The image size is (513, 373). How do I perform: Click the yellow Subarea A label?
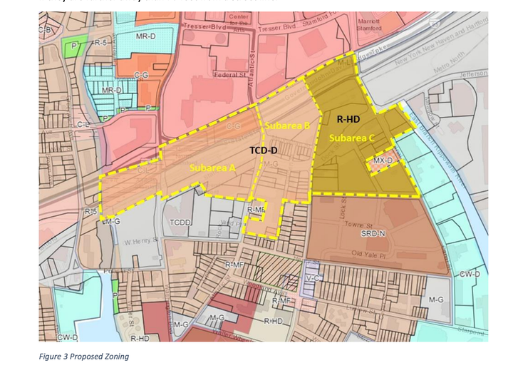(x=212, y=166)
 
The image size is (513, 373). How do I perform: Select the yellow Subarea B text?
(x=287, y=126)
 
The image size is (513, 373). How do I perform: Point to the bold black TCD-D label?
(x=263, y=151)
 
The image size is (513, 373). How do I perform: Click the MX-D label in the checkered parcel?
(x=383, y=161)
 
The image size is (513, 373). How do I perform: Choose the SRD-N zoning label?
(x=373, y=233)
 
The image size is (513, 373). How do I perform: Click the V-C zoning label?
(x=311, y=277)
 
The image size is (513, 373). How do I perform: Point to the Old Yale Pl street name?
(x=368, y=253)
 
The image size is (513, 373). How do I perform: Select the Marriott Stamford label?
(x=369, y=25)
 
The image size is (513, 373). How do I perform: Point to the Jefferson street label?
(x=474, y=73)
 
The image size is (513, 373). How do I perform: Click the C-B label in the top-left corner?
(x=45, y=29)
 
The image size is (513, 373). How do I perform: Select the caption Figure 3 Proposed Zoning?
(x=84, y=356)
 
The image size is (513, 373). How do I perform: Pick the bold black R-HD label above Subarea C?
(x=350, y=120)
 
